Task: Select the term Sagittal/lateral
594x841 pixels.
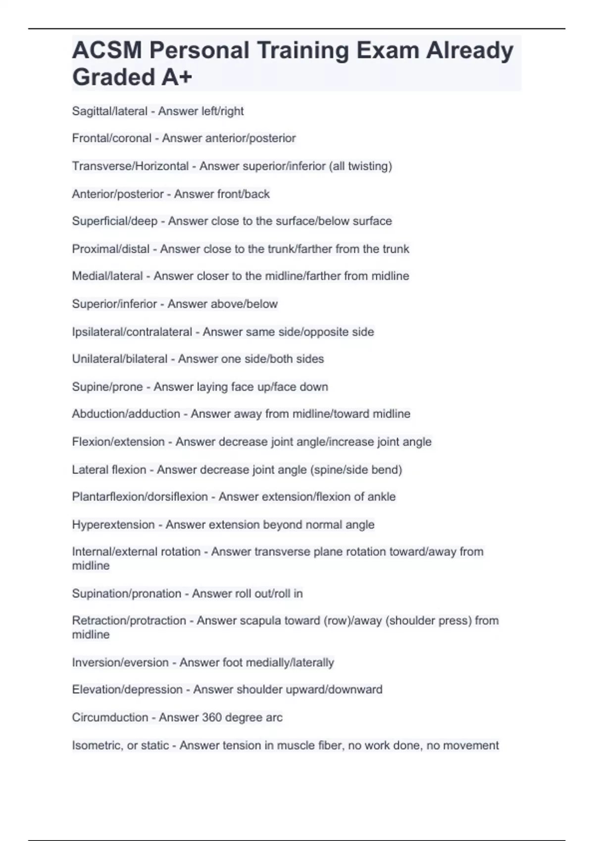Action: tap(109, 111)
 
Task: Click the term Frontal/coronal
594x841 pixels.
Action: tap(111, 138)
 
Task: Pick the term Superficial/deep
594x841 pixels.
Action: tap(114, 221)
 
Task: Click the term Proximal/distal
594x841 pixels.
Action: tap(110, 249)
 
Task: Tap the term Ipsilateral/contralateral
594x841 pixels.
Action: tap(132, 332)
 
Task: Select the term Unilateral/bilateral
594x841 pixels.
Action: tap(119, 359)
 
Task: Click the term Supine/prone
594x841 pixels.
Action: tap(107, 387)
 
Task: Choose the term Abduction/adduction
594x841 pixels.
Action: tap(126, 414)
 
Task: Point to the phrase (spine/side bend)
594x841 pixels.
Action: tap(356, 469)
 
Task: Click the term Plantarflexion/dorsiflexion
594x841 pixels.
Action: tap(140, 497)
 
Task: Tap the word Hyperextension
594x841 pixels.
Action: tap(113, 525)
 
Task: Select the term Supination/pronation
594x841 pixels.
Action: tap(126, 594)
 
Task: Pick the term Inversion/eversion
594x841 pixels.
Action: tap(120, 662)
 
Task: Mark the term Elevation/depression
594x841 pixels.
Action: tap(127, 690)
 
